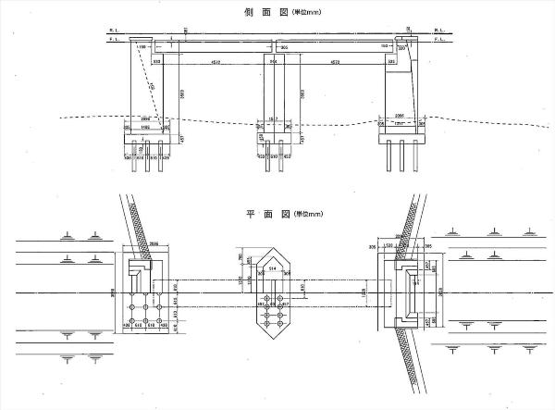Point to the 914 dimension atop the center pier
click(274, 62)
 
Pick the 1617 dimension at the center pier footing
click(274, 119)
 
